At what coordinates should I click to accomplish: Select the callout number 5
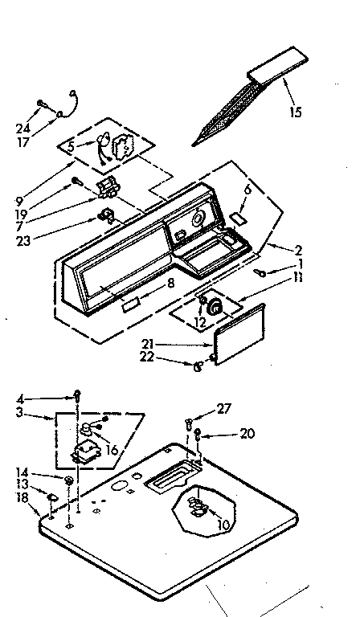point(71,147)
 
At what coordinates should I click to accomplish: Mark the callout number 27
point(224,409)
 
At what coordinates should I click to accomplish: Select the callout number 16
point(112,451)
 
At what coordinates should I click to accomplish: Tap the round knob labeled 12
point(215,306)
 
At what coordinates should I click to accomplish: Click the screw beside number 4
point(78,394)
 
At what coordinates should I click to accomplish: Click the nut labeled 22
point(197,367)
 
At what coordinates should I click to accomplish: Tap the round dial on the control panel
point(198,219)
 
